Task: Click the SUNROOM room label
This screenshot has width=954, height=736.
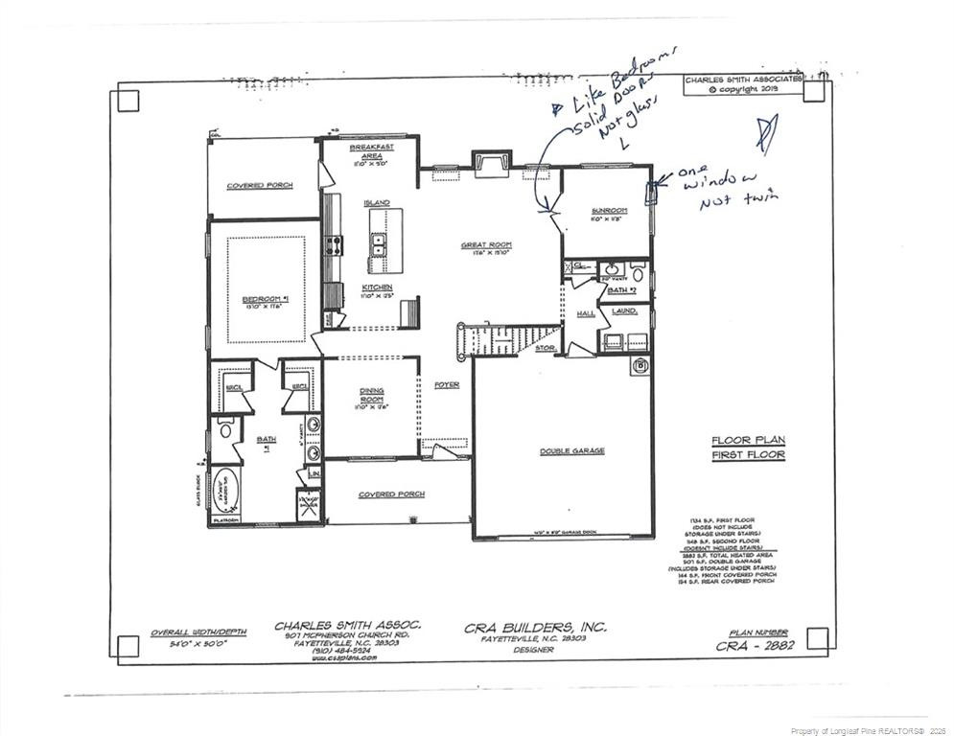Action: [x=609, y=211]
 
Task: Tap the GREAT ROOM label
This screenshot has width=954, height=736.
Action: [x=484, y=245]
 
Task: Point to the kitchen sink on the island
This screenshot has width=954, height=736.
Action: [x=378, y=245]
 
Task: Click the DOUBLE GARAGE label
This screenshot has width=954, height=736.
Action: [x=571, y=450]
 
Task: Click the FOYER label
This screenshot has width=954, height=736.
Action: [x=447, y=385]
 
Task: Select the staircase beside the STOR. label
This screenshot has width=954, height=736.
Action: [x=508, y=338]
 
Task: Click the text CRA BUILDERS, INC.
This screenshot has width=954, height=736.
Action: [x=535, y=627]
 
